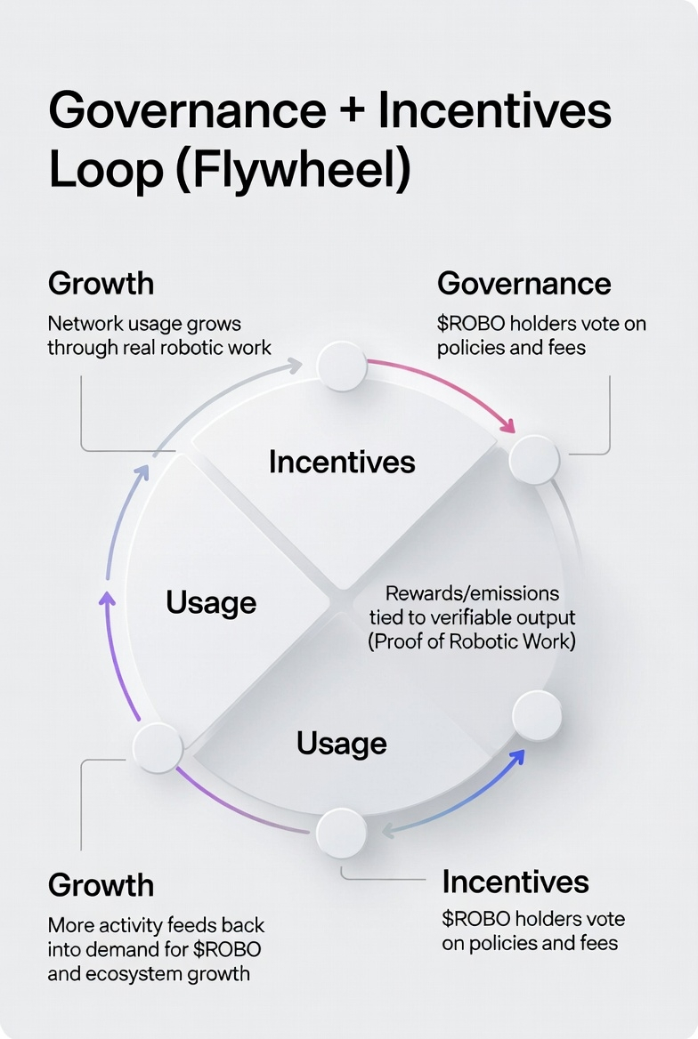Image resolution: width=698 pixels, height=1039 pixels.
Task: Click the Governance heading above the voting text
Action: click(x=523, y=283)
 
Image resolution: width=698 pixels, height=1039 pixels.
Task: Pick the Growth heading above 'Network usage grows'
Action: click(x=101, y=283)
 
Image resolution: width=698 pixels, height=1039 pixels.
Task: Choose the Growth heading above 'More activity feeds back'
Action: click(x=101, y=884)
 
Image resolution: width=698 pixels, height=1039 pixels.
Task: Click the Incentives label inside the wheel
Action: click(x=342, y=462)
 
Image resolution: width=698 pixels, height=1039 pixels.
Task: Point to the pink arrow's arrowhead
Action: click(x=508, y=427)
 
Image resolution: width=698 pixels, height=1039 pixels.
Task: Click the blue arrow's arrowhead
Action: click(x=516, y=757)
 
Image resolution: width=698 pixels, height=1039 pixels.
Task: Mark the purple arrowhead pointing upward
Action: click(x=107, y=599)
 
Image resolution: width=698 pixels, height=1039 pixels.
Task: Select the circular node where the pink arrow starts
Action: click(x=342, y=366)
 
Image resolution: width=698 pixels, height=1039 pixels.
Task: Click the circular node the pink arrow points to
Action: click(x=534, y=459)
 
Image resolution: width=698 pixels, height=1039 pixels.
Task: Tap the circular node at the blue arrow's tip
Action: click(x=537, y=716)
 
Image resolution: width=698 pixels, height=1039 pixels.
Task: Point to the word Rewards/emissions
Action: click(x=472, y=592)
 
